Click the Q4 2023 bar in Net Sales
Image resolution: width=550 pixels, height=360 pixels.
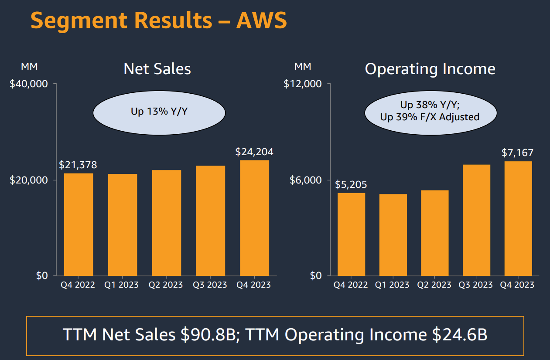pos(254,218)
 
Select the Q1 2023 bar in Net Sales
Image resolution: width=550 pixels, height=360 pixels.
pos(123,224)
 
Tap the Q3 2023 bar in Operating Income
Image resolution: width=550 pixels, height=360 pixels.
pos(476,220)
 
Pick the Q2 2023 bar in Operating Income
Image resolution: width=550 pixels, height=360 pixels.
pos(434,233)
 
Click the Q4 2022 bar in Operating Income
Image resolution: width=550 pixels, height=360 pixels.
pos(351,234)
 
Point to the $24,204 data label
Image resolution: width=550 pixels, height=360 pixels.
pos(254,152)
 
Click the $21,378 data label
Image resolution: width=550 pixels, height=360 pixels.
pos(78,165)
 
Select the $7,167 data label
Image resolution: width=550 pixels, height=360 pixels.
pos(517,153)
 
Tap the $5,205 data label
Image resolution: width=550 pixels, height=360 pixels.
pos(351,184)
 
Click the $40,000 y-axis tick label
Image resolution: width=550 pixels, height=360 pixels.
pos(28,84)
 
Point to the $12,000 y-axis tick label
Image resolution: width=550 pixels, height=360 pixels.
pos(303,84)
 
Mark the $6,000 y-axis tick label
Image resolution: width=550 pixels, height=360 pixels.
pos(305,180)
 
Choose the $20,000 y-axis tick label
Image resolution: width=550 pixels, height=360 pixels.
pos(28,180)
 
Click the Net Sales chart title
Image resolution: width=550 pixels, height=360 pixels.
pos(157,69)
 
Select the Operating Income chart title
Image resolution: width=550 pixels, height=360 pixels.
pos(430,69)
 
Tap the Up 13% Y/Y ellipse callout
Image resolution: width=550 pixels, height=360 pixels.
pos(159,112)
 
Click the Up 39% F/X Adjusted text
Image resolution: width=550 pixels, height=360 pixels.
pos(430,117)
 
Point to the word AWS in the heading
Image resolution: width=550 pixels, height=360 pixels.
pos(262,20)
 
